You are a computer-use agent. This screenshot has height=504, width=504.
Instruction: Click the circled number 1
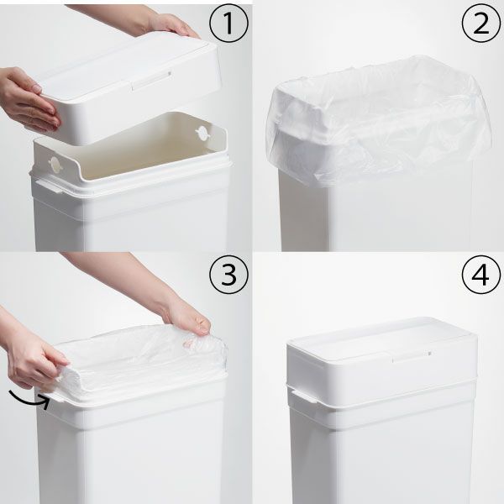coord(228,24)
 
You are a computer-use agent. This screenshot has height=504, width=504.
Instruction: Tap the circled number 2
coord(481,24)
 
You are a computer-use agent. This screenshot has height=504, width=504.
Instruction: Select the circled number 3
coord(228,275)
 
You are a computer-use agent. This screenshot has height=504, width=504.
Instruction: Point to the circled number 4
coord(481,275)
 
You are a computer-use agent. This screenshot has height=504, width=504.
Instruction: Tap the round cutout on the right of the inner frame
coord(202,134)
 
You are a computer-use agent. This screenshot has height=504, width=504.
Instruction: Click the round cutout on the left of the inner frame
coord(55,165)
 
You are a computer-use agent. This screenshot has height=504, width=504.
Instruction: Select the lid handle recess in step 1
coord(151,81)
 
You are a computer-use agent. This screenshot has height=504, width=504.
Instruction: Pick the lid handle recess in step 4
coord(412,356)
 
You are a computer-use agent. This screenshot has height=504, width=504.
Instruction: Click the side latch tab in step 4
coord(304,396)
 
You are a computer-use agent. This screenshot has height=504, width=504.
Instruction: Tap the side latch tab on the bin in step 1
coord(49,187)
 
